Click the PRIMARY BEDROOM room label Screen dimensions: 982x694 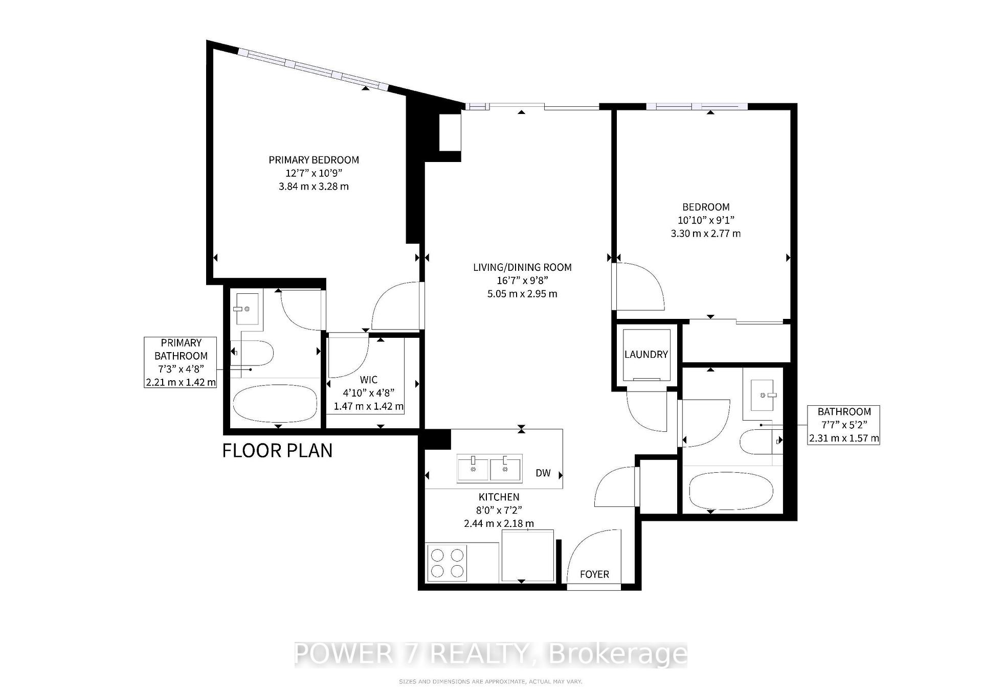tap(314, 160)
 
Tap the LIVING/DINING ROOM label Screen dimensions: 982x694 tap(522, 267)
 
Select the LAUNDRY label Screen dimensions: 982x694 tap(646, 354)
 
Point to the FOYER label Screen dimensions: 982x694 tap(594, 574)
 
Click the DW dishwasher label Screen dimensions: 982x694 tap(543, 473)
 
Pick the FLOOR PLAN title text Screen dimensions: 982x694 tap(278, 450)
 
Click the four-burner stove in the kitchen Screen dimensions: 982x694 tap(448, 563)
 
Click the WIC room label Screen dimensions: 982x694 tap(369, 380)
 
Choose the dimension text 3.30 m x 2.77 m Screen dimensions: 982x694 tap(706, 234)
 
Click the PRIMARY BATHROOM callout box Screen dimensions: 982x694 tap(181, 362)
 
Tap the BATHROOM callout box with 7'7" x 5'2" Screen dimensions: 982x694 tap(844, 425)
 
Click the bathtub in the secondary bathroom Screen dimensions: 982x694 tap(731, 492)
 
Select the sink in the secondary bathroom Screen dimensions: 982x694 tap(766, 395)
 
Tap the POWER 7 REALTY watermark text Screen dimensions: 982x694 tap(491, 654)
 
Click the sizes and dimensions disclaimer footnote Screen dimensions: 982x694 tap(490, 682)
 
